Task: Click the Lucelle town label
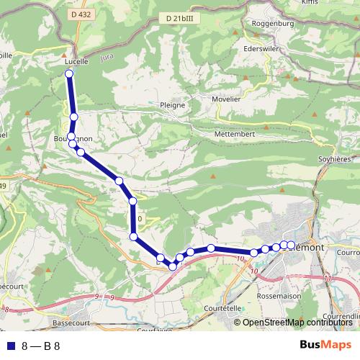76,62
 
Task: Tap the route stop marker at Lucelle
69,74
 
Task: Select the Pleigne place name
173,104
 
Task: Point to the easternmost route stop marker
291,245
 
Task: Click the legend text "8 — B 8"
40,346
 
